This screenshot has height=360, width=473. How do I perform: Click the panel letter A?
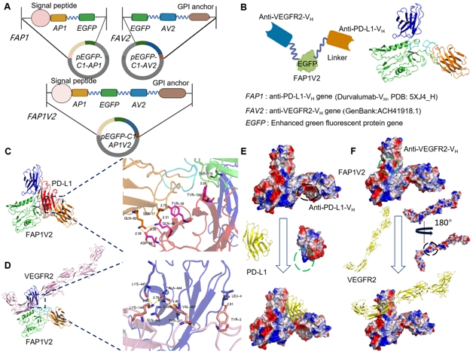point(6,8)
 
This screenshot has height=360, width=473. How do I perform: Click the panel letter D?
point(6,243)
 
